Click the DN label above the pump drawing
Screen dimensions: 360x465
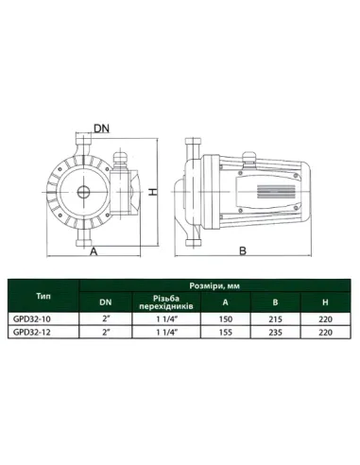101,129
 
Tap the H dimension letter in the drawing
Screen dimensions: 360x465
153,192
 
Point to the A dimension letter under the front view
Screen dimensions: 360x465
94,251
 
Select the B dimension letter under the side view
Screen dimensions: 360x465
243,251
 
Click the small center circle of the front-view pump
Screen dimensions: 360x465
84,192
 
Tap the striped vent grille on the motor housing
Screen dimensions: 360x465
276,192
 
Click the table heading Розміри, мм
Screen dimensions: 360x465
214,285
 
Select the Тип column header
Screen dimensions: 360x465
43,296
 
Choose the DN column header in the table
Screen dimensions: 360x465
106,302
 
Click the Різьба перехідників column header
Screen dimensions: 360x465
166,302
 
